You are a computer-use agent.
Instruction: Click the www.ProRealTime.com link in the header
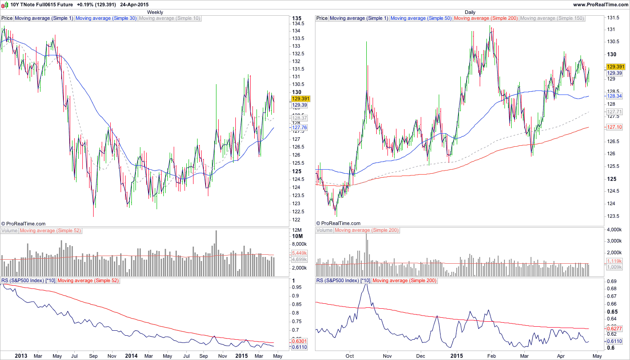tap(600, 4)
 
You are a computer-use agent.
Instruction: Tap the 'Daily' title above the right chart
tap(470, 12)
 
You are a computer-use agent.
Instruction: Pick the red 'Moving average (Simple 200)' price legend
tap(486, 18)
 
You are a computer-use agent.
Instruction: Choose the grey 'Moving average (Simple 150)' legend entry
tap(552, 18)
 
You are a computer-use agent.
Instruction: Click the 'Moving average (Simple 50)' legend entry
tap(421, 18)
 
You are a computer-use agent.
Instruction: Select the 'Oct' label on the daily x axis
tap(350, 355)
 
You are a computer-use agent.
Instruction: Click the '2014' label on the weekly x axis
tap(132, 355)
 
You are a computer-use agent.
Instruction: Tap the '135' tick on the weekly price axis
tap(297, 18)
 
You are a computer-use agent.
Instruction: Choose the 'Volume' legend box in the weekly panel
tap(9, 230)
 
